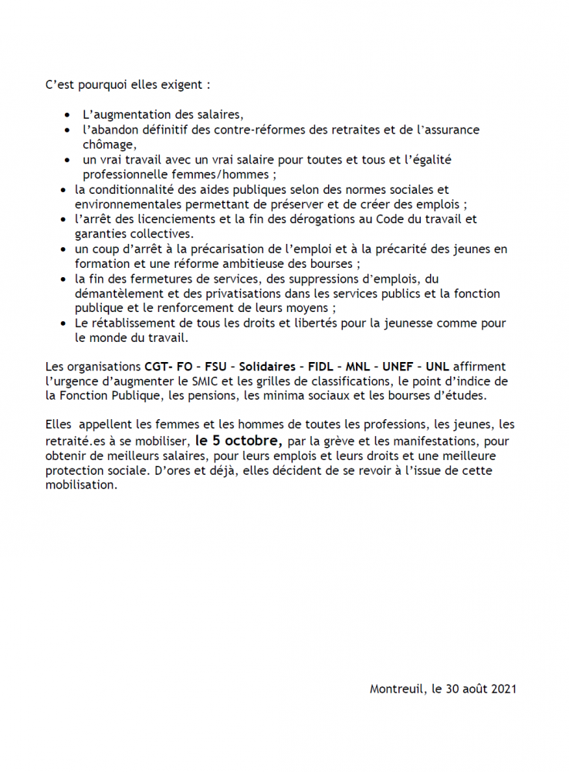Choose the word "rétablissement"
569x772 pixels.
[x=127, y=323]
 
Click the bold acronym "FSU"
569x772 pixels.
[x=209, y=367]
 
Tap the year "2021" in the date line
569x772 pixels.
[x=503, y=688]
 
